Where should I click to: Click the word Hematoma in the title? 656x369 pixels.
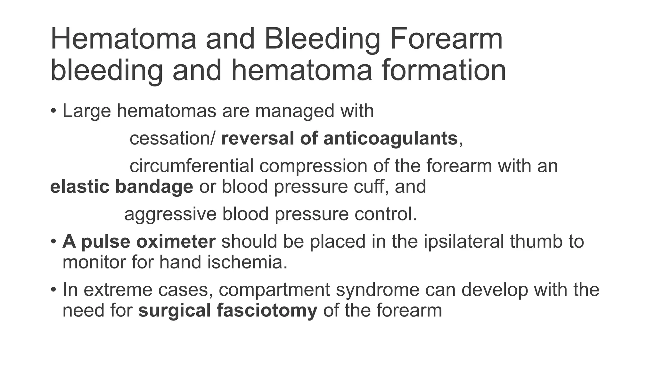[x=123, y=39]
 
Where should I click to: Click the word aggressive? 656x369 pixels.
[x=170, y=214]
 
